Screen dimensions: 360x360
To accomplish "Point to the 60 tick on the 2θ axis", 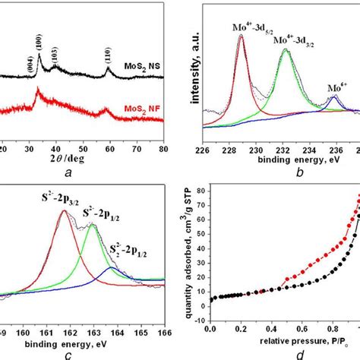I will point(111,150).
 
